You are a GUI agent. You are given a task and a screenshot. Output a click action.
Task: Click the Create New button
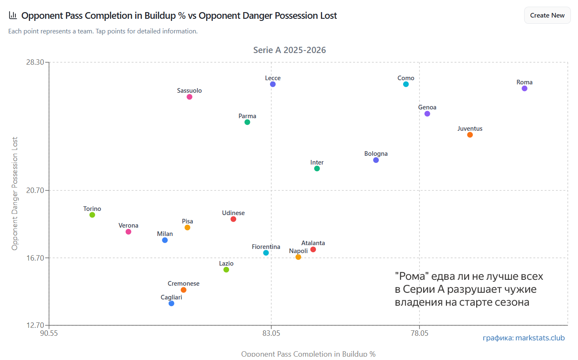[x=547, y=15]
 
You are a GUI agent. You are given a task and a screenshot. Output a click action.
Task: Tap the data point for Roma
[x=525, y=89]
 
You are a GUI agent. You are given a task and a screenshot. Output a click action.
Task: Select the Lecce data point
[x=273, y=84]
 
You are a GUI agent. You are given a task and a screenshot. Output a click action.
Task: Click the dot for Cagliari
[x=172, y=304]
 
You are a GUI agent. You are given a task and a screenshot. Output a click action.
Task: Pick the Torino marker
[x=92, y=215]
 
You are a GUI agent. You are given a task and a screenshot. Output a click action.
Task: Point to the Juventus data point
[x=470, y=135]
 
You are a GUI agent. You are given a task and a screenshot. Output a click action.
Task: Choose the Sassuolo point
[x=189, y=97]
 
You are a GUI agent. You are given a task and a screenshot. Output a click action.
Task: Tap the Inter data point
[x=317, y=169]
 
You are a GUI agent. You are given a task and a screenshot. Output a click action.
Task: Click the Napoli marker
[x=298, y=257]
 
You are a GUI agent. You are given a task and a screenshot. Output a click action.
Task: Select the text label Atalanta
[x=313, y=243]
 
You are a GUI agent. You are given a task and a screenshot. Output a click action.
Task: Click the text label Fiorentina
[x=266, y=247]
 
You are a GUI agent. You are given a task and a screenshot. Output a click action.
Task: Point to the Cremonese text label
[x=184, y=284]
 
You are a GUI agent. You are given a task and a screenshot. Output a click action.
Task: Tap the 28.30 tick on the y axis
[x=35, y=62]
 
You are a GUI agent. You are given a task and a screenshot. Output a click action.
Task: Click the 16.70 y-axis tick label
[x=35, y=258]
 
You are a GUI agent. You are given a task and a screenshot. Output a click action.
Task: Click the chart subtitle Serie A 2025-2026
[x=290, y=50]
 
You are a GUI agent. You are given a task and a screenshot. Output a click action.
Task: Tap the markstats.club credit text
[x=523, y=338]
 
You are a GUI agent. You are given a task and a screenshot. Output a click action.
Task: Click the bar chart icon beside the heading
[x=13, y=15]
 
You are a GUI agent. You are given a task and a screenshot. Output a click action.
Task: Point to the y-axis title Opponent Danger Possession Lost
[x=15, y=193]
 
